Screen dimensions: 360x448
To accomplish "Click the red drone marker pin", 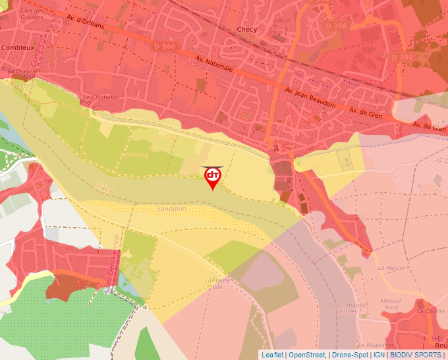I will tap(213, 177).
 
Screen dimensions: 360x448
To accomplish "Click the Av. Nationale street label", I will tap(214, 64).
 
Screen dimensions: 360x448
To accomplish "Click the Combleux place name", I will tap(18, 47).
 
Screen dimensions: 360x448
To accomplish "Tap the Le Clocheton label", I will tap(101, 97).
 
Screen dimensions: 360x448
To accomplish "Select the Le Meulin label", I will tap(391, 268).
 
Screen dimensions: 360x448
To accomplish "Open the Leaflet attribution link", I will tap(272, 355).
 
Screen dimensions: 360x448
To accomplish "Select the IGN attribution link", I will tap(379, 355).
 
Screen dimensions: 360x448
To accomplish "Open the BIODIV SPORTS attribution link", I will tap(415, 355).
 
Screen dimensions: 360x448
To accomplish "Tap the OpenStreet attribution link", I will tap(306, 355).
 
